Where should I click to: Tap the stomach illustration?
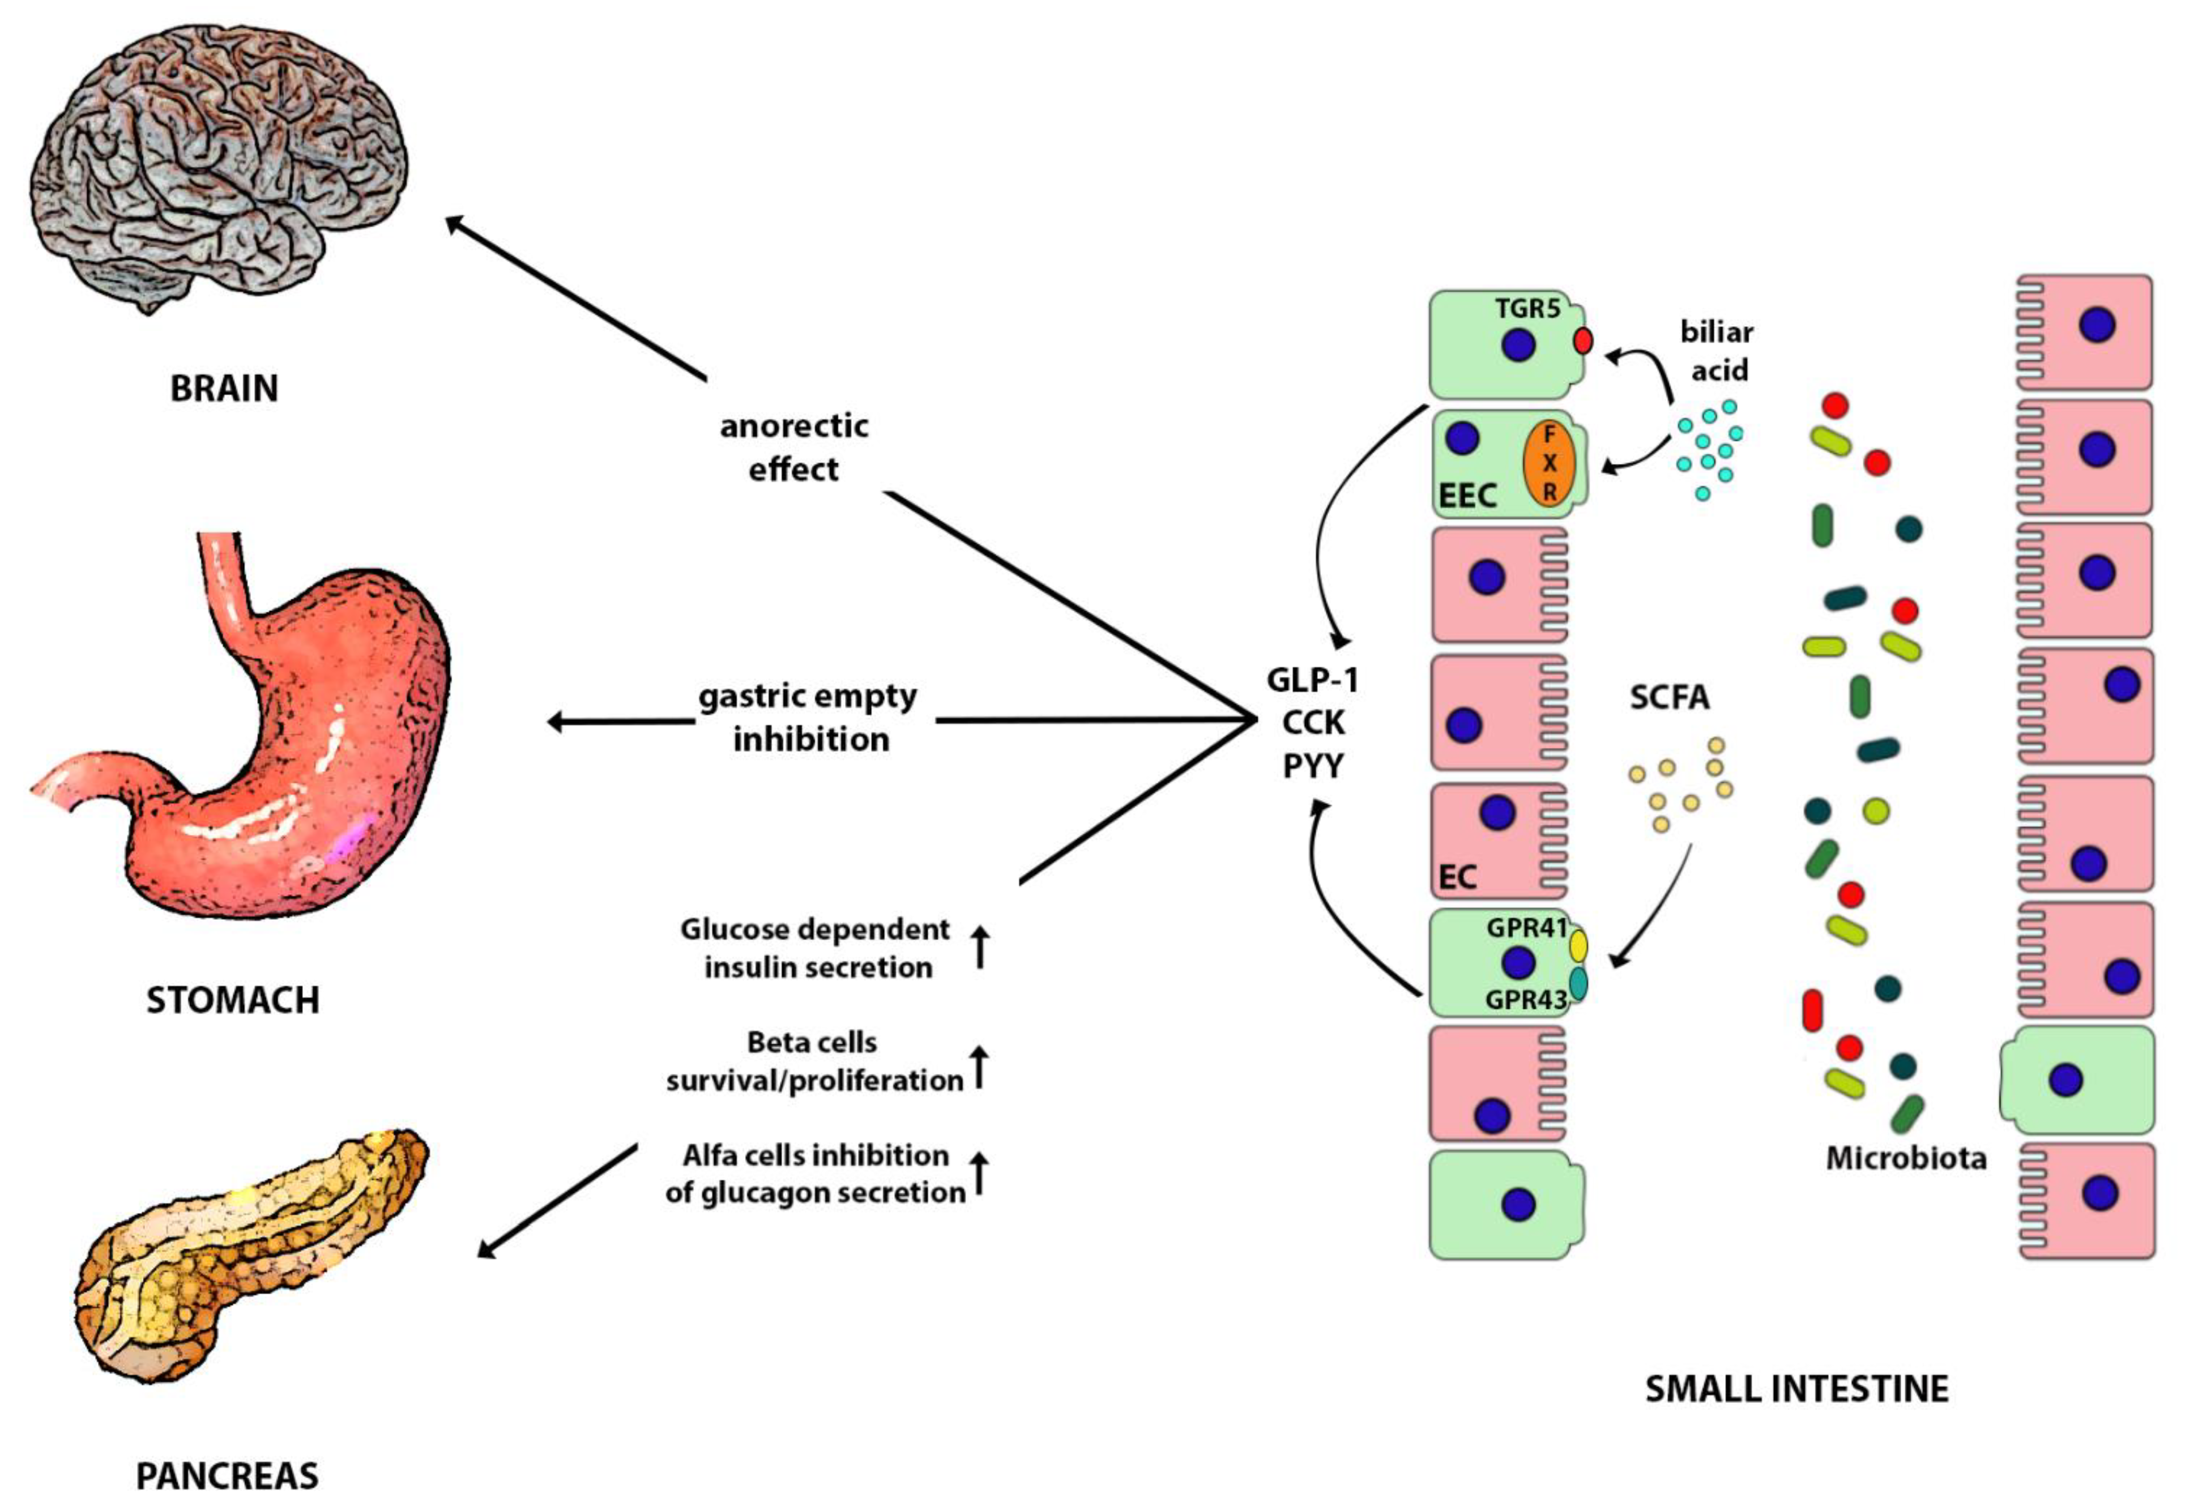(284, 757)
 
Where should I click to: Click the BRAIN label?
(224, 389)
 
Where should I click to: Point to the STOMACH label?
(233, 1000)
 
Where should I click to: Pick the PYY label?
(1312, 765)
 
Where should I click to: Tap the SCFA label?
(1669, 697)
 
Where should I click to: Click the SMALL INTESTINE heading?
(1797, 1389)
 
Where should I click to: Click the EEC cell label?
(1467, 495)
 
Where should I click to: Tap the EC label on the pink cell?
(1457, 877)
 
